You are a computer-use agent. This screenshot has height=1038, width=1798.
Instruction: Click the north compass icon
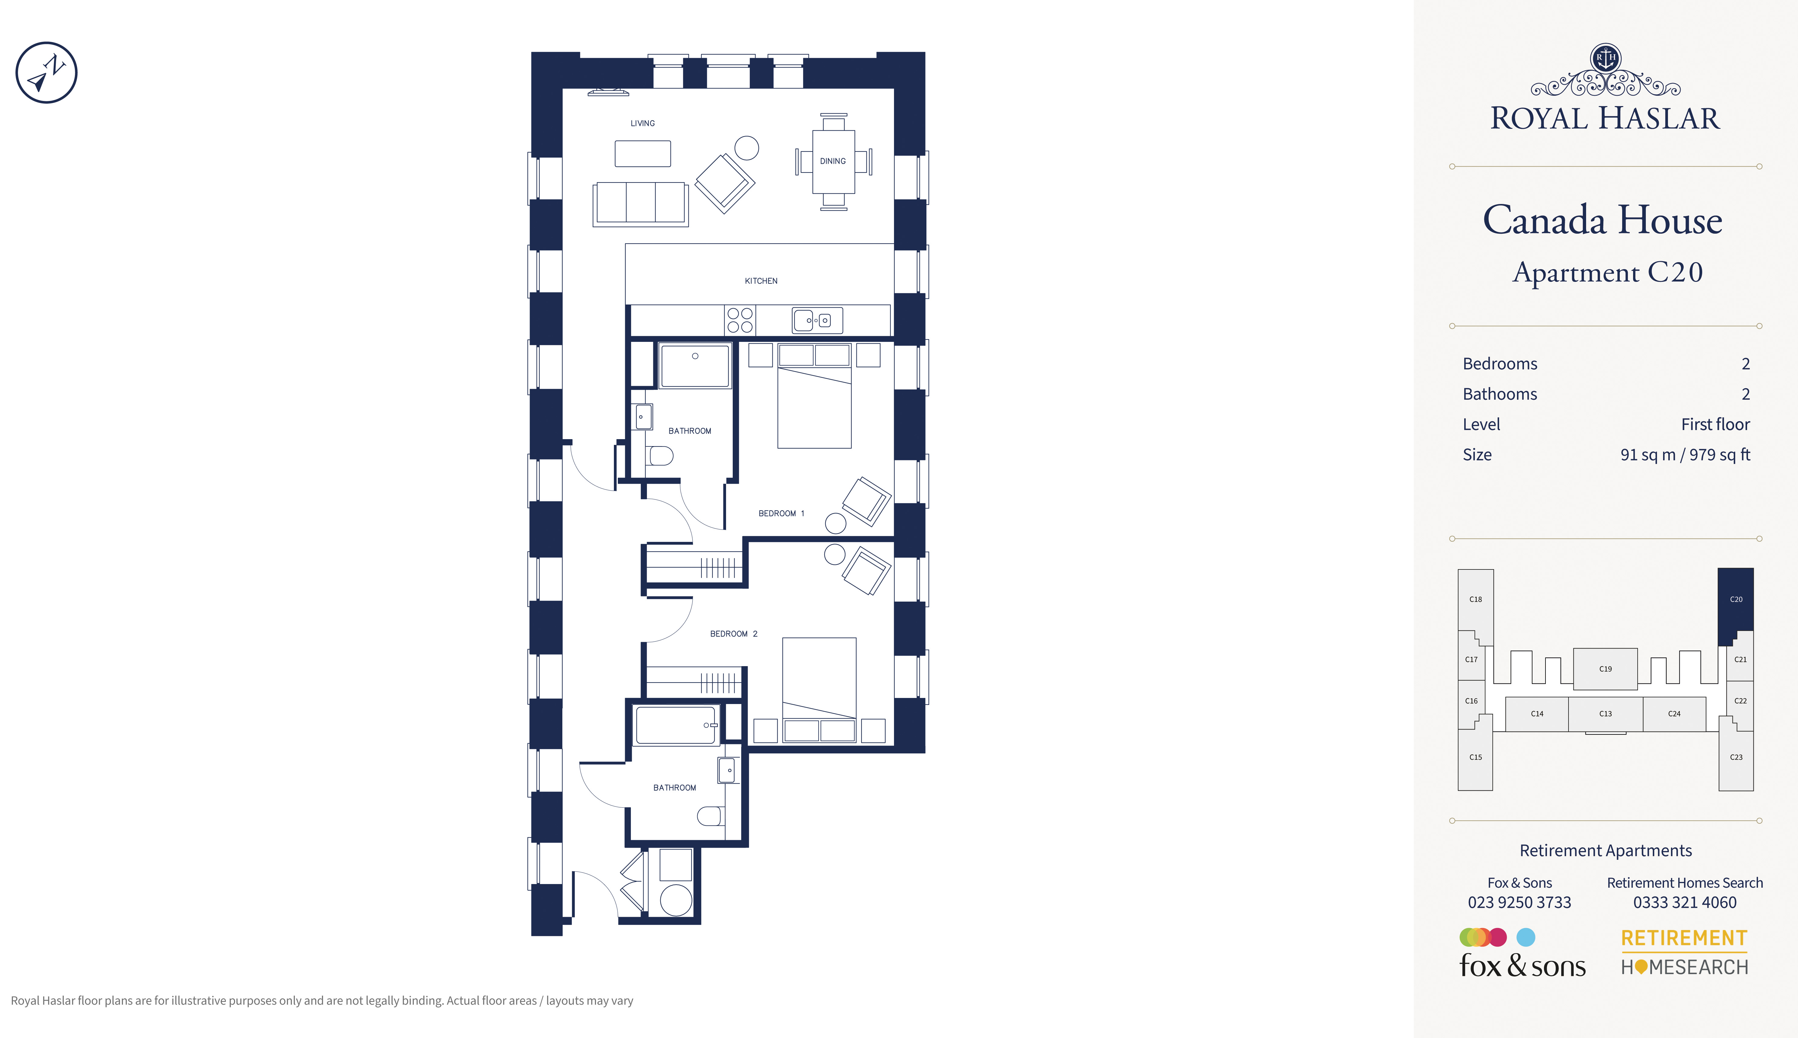coord(46,72)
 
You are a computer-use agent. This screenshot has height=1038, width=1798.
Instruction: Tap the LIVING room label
coord(642,123)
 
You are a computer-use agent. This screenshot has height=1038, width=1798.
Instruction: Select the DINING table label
coord(833,161)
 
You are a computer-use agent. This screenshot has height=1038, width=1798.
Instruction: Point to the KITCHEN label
coord(761,281)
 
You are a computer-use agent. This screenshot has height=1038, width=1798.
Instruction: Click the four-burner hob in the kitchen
coord(740,320)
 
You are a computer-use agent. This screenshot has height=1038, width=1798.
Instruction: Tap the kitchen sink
coord(817,320)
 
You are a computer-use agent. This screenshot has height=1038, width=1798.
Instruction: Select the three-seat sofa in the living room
coord(640,204)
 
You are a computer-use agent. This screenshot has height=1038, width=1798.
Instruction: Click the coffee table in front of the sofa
coord(642,153)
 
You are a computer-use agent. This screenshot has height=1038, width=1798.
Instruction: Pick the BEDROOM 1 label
coord(781,513)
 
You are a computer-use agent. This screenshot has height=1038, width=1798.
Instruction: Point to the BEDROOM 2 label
coord(734,634)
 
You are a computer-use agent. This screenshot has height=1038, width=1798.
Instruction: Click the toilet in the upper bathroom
coord(660,456)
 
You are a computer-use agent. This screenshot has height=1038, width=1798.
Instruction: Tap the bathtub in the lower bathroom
coord(676,725)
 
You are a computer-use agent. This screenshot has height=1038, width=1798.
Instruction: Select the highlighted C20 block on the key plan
coord(1735,602)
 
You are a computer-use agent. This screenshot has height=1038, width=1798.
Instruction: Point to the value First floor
coord(1715,424)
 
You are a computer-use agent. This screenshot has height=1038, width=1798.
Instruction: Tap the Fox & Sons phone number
coord(1519,903)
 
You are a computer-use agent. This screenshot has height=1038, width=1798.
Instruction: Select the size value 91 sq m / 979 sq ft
coord(1685,455)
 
